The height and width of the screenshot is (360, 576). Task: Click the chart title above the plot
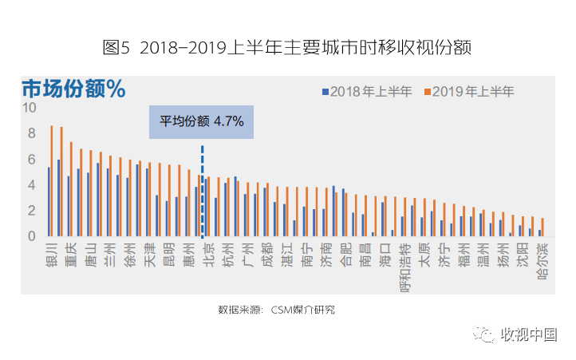coord(287,47)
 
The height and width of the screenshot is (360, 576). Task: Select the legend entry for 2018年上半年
coord(368,91)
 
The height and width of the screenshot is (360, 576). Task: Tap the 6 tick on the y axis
coord(32,160)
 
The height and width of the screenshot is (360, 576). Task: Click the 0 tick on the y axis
coord(32,236)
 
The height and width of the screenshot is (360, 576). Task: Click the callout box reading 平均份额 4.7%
coord(201,122)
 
